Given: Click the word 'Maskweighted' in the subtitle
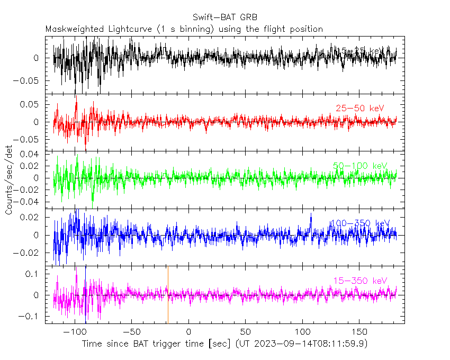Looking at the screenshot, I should pyautogui.click(x=71, y=29).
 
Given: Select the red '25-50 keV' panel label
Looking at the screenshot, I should pyautogui.click(x=357, y=109).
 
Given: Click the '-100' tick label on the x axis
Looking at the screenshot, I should pyautogui.click(x=74, y=331).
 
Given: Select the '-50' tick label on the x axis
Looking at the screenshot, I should pyautogui.click(x=131, y=331).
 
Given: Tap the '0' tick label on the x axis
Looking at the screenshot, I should pyautogui.click(x=188, y=331).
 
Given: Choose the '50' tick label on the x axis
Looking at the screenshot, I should pyautogui.click(x=246, y=331).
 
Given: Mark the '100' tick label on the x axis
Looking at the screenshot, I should pyautogui.click(x=302, y=331).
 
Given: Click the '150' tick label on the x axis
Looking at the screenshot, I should pyautogui.click(x=359, y=331).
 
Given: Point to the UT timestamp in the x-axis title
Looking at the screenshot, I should pyautogui.click(x=302, y=344).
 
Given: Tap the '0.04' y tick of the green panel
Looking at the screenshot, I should pyautogui.click(x=31, y=154).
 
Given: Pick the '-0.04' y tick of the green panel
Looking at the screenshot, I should pyautogui.click(x=28, y=202).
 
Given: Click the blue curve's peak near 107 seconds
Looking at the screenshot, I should pyautogui.click(x=311, y=213).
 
